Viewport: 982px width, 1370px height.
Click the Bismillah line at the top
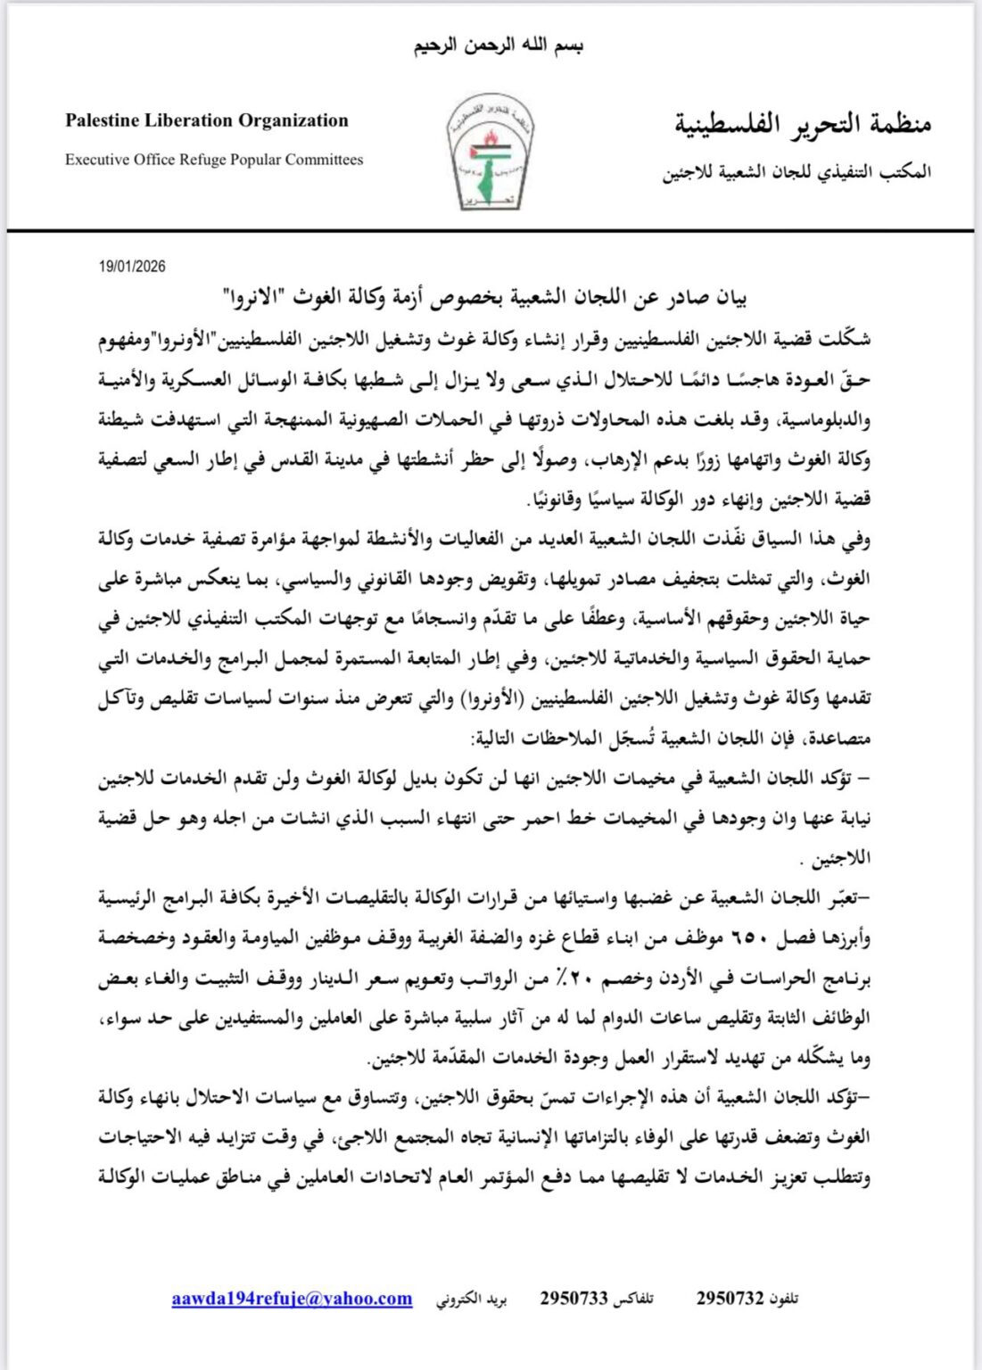pos(498,45)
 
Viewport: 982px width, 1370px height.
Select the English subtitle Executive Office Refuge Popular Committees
pos(214,160)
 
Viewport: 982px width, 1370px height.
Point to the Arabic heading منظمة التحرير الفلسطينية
pos(802,123)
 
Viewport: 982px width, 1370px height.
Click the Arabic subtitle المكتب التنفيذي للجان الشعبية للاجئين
pos(796,172)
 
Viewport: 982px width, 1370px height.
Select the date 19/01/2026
pos(132,266)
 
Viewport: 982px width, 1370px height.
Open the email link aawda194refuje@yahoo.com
pos(292,1299)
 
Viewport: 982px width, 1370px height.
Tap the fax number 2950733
pos(574,1299)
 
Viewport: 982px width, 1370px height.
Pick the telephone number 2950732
pos(730,1299)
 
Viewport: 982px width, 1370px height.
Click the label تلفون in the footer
pos(784,1300)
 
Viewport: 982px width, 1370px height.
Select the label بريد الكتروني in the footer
pos(472,1300)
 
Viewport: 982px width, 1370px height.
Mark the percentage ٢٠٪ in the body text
pos(580,978)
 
